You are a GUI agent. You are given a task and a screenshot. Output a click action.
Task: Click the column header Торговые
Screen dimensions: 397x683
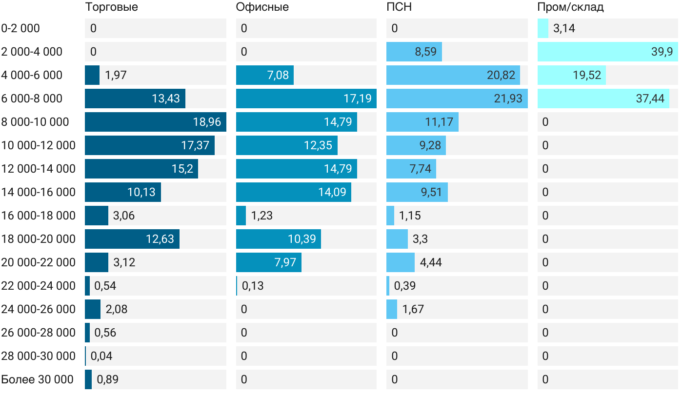111,7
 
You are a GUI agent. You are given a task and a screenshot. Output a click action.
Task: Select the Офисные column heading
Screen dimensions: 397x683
262,7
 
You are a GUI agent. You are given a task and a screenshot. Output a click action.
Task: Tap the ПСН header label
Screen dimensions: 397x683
399,7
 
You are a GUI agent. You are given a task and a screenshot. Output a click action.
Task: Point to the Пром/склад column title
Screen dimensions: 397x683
570,7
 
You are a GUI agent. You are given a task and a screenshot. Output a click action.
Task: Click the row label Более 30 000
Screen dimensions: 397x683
37,379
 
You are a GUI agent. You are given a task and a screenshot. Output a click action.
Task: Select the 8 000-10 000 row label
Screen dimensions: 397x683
35,122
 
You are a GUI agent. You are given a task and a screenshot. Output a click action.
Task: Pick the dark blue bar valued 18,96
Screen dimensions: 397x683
155,122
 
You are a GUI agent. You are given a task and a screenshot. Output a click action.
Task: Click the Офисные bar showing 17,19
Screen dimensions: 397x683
306,99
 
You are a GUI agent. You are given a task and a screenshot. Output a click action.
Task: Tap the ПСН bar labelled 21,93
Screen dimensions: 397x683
457,99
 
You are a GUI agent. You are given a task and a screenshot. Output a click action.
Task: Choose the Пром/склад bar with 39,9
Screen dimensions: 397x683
607,52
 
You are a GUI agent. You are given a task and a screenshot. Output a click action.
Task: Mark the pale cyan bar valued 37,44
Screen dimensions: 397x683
603,99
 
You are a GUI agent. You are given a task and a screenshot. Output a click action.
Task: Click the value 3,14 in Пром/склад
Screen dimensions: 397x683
564,28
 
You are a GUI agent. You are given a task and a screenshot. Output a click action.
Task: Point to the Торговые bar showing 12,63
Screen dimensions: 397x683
132,239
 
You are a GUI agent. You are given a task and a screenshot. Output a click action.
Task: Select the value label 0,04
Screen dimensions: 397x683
101,356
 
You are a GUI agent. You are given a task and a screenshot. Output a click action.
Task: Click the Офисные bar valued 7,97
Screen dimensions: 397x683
268,262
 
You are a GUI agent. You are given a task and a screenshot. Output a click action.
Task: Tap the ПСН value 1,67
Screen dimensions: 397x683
413,309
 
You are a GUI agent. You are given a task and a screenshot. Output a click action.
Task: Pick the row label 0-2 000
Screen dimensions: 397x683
20,28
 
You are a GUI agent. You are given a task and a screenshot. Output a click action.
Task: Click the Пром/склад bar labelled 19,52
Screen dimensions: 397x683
571,75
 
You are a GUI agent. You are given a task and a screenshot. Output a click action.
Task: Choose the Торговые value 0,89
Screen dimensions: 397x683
107,379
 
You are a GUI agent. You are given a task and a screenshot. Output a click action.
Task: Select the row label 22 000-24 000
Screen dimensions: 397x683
39,286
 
